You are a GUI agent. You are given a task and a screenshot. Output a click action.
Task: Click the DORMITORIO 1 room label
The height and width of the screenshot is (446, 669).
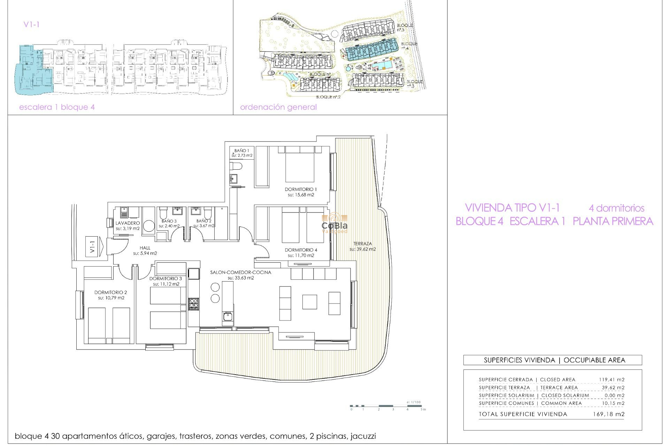[x=301, y=189]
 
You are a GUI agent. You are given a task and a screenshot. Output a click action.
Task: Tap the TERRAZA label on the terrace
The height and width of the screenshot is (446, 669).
[x=362, y=244]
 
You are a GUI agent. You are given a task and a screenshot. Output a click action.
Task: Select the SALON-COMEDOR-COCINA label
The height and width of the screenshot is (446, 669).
[x=240, y=272]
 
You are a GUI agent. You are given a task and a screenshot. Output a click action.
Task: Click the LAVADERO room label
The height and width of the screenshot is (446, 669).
[x=128, y=223]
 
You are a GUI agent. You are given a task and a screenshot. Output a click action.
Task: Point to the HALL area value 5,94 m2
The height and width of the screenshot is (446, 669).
[x=145, y=253]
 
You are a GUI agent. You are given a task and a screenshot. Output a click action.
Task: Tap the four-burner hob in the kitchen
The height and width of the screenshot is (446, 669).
[x=193, y=304]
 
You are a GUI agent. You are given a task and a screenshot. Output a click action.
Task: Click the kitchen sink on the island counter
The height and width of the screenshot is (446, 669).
[x=228, y=317]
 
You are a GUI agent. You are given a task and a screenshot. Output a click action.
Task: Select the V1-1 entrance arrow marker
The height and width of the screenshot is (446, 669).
[x=94, y=247]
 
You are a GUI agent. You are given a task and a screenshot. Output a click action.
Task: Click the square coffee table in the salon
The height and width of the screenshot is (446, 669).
[x=309, y=302]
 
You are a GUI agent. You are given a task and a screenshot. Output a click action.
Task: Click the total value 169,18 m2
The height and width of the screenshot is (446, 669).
[x=608, y=414]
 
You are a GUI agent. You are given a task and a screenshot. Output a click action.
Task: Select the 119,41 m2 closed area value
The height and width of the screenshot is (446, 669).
[x=612, y=379]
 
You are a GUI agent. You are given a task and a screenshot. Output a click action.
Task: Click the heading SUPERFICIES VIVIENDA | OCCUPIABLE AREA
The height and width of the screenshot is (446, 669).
[x=554, y=360]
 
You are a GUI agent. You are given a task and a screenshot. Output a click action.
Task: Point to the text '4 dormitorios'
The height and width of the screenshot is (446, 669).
[x=616, y=208]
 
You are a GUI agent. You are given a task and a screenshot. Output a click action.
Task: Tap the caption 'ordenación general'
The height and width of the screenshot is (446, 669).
[x=278, y=107]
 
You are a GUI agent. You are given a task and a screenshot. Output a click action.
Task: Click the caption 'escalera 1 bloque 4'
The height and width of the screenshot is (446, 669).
[x=57, y=107]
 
